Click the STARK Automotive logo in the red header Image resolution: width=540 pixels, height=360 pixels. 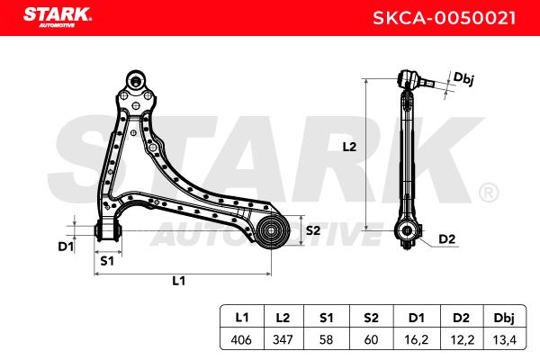pyautogui.click(x=58, y=17)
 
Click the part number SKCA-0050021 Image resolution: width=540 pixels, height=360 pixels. pyautogui.click(x=445, y=18)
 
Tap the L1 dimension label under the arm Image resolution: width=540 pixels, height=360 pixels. pyautogui.click(x=179, y=281)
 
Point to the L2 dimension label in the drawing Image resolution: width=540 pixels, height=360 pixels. pyautogui.click(x=349, y=147)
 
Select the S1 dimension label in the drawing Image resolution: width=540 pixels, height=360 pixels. pyautogui.click(x=107, y=261)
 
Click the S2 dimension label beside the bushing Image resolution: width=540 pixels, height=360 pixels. pyautogui.click(x=313, y=230)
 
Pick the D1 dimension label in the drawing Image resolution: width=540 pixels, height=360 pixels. pyautogui.click(x=66, y=247)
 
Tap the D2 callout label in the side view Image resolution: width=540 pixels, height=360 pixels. pyautogui.click(x=446, y=238)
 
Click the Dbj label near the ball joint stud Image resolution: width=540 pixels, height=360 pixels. pyautogui.click(x=463, y=78)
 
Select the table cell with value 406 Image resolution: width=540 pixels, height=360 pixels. pyautogui.click(x=241, y=339)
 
